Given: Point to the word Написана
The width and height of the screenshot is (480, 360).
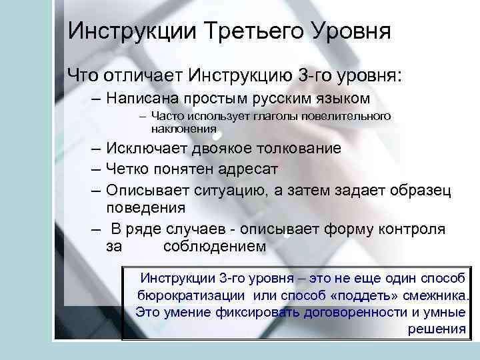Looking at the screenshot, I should pyautogui.click(x=146, y=99).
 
